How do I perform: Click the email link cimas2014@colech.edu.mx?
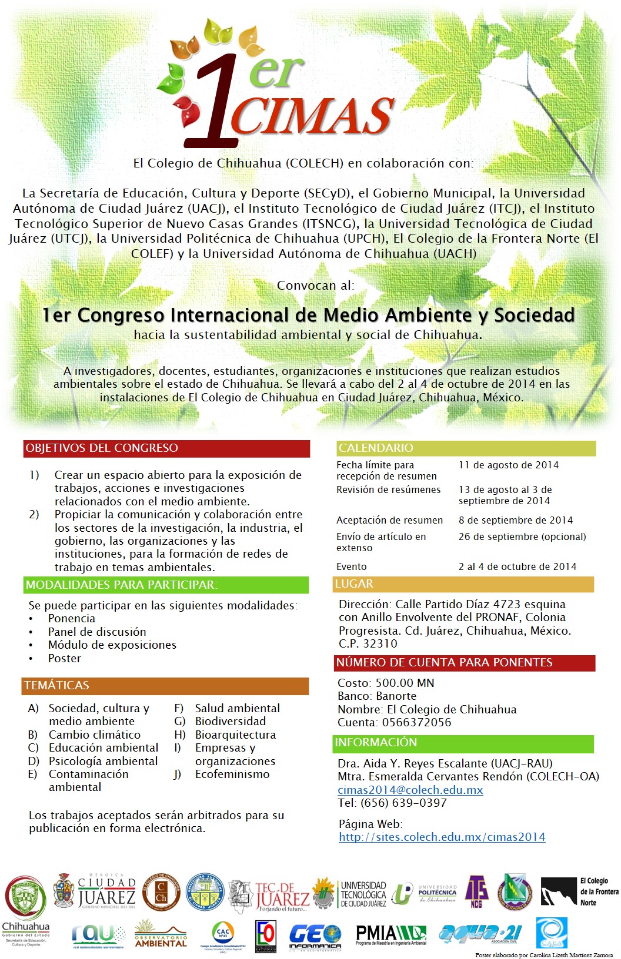[410, 790]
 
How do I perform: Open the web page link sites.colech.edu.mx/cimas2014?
[442, 837]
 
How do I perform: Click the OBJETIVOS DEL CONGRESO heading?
[102, 448]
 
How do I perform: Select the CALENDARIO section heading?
[376, 448]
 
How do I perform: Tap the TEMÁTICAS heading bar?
[57, 685]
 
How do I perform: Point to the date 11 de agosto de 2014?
[509, 465]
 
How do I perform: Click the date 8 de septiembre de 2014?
[515, 520]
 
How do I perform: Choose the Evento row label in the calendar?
[352, 566]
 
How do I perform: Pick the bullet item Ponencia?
[72, 618]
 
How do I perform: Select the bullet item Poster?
[65, 658]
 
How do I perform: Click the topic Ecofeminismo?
[232, 774]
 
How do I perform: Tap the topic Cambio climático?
[95, 735]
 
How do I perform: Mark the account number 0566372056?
[416, 722]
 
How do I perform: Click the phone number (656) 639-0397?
[403, 803]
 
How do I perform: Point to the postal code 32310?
[380, 643]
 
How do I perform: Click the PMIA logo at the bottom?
[390, 934]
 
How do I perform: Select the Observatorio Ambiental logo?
[161, 934]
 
